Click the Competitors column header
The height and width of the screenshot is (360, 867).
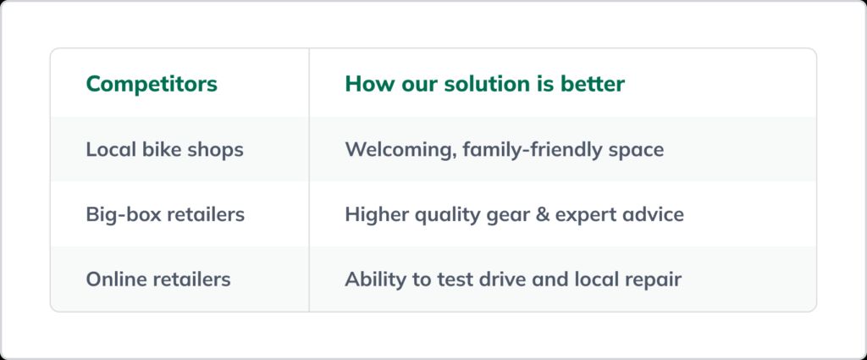coord(152,85)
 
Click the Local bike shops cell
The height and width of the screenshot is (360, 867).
coord(164,150)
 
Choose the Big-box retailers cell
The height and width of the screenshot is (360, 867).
coord(165,214)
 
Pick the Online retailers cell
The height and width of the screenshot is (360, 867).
coord(157,279)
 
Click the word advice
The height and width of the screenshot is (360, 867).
coord(655,214)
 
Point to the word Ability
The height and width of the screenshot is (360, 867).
coord(373,279)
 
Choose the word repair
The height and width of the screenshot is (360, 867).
coord(652,280)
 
